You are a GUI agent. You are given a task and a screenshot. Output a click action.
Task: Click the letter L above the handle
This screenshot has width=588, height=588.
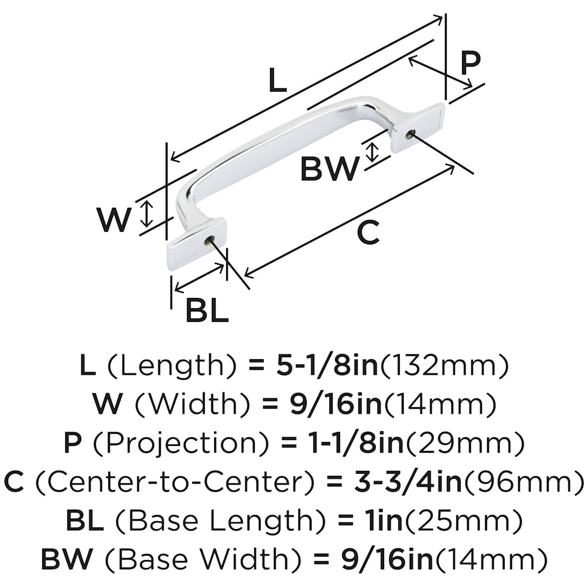click(277, 81)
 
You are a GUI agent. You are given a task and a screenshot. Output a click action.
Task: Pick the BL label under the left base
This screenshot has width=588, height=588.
click(207, 310)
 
